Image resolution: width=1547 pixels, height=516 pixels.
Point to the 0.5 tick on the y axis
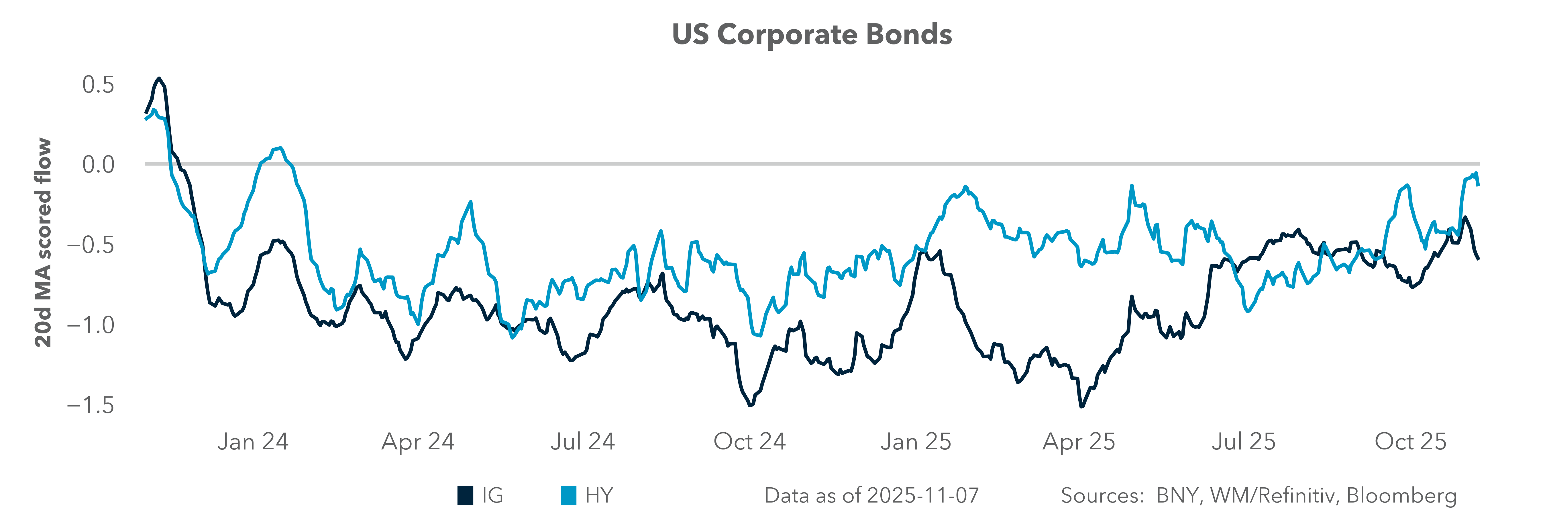coord(98,85)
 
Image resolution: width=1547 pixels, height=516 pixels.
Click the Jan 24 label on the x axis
coord(253,441)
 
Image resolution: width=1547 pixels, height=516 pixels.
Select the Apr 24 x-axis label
coord(418,441)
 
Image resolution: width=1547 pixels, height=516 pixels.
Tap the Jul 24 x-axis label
coord(582,441)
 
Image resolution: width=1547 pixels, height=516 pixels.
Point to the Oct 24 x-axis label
coord(749,441)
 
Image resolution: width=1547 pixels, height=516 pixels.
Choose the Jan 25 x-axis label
coord(916,441)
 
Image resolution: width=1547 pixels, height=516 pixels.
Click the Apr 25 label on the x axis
coord(1079,441)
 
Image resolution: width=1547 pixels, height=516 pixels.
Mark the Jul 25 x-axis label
coord(1243,441)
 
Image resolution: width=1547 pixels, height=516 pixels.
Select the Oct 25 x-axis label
coord(1411,441)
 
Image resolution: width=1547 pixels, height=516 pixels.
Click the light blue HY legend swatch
coord(568,496)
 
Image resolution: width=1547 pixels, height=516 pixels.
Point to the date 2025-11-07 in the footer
coord(923,496)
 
